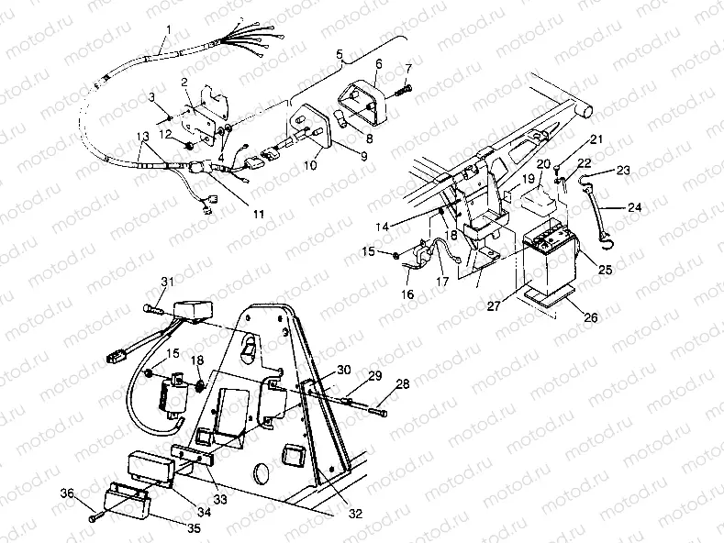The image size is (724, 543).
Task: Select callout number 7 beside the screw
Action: coord(408,70)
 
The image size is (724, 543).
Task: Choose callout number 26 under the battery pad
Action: coord(590,317)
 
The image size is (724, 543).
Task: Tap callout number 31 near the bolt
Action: coord(166,282)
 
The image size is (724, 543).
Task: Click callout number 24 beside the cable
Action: coord(635,207)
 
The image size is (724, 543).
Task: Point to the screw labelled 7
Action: coord(405,90)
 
